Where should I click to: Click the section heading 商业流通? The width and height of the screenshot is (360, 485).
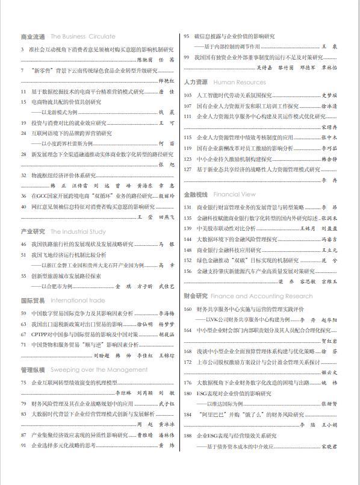pos(33,37)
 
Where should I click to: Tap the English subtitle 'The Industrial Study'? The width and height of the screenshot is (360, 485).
pos(78,231)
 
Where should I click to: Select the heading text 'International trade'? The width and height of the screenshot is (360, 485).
pos(78,300)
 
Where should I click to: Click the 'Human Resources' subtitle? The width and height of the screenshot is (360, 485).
pos(239,82)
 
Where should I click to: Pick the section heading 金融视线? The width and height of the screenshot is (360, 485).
pos(196,195)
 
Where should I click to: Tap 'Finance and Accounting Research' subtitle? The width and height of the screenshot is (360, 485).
pos(263,296)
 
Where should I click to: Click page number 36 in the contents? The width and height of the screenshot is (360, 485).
pos(23,196)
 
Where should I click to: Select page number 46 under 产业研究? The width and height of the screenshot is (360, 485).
pos(23,244)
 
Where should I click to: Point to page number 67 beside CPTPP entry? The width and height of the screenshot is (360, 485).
pos(23,334)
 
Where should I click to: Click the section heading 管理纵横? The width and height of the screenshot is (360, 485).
pos(33,369)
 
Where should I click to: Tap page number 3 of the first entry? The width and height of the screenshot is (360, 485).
pos(22,49)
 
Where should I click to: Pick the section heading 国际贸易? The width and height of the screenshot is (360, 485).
pos(33,300)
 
